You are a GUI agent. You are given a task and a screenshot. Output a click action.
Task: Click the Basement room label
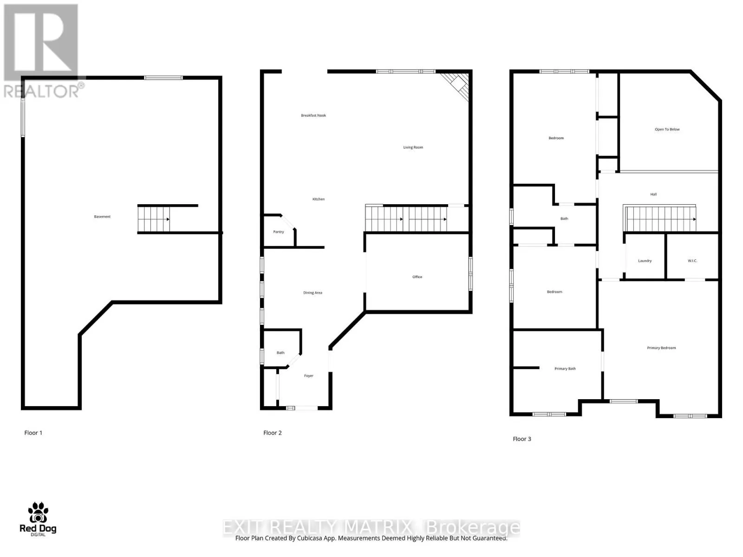(102, 217)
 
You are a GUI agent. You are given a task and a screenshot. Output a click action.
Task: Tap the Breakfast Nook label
(313, 116)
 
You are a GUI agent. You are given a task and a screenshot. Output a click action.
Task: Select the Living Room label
(413, 148)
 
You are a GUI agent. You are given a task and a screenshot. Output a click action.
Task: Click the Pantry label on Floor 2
(278, 232)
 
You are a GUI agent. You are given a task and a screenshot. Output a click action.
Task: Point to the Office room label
(417, 277)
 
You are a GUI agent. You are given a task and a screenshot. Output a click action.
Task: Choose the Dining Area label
(313, 293)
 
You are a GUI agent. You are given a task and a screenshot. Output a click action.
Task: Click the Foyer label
(309, 376)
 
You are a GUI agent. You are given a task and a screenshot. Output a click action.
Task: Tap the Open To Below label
(667, 130)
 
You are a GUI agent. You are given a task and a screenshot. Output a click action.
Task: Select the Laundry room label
(645, 261)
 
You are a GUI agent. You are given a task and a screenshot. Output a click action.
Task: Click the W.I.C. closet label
(692, 261)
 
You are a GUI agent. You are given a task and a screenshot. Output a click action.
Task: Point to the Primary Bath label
(565, 369)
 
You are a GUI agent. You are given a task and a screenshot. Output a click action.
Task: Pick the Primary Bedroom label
(661, 348)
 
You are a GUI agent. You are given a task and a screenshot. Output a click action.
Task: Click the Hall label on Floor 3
(653, 194)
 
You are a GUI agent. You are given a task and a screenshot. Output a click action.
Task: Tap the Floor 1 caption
(33, 433)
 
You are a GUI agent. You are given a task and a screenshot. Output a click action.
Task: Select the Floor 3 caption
(522, 439)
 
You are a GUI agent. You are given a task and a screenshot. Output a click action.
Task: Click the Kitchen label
(319, 199)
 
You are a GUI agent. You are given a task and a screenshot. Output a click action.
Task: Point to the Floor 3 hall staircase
(660, 219)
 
